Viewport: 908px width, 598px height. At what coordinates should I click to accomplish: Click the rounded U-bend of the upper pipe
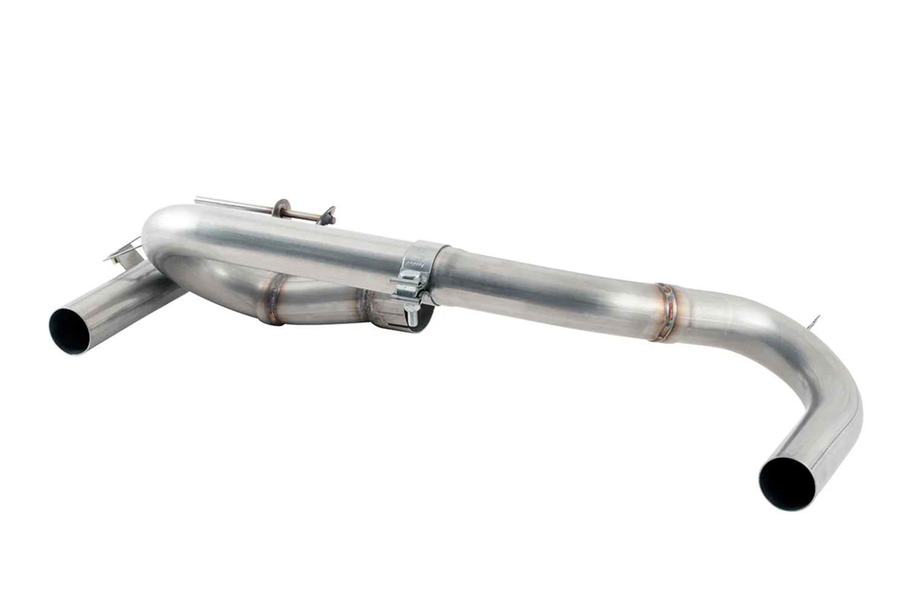click(x=160, y=233)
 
